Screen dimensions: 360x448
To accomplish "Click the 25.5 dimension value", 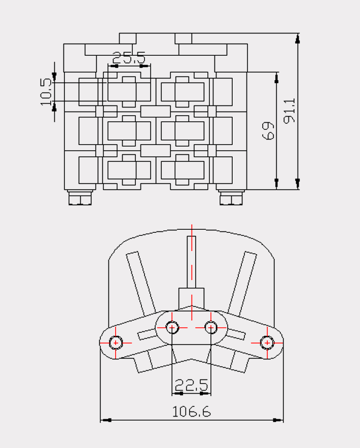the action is point(129,58).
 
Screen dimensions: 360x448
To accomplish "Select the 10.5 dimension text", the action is point(46,92).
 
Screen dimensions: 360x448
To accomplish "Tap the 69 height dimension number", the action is point(268,131).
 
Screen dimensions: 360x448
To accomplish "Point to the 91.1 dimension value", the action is point(290,111).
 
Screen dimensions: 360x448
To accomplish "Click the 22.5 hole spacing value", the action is point(191,385).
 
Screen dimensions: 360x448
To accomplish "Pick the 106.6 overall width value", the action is point(191,411).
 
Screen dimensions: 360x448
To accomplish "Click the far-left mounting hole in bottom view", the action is point(116,342).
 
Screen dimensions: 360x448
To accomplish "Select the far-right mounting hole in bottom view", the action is point(267,342).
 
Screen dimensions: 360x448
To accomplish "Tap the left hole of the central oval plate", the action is point(172,327).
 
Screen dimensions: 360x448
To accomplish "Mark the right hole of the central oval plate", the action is point(211,327).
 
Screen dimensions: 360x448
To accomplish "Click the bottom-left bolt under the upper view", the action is point(80,197).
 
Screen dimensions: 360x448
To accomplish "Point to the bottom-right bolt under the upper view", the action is point(231,197).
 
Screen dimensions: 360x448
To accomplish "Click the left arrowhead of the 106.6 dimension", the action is point(106,420).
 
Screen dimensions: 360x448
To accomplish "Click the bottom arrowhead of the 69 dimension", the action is point(276,184).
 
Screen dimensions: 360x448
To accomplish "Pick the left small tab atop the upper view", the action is point(128,39).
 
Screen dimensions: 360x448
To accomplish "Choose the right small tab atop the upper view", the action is point(183,39).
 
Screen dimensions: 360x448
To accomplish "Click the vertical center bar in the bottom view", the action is point(192,262).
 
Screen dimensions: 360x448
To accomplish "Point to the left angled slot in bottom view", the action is point(141,282).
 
